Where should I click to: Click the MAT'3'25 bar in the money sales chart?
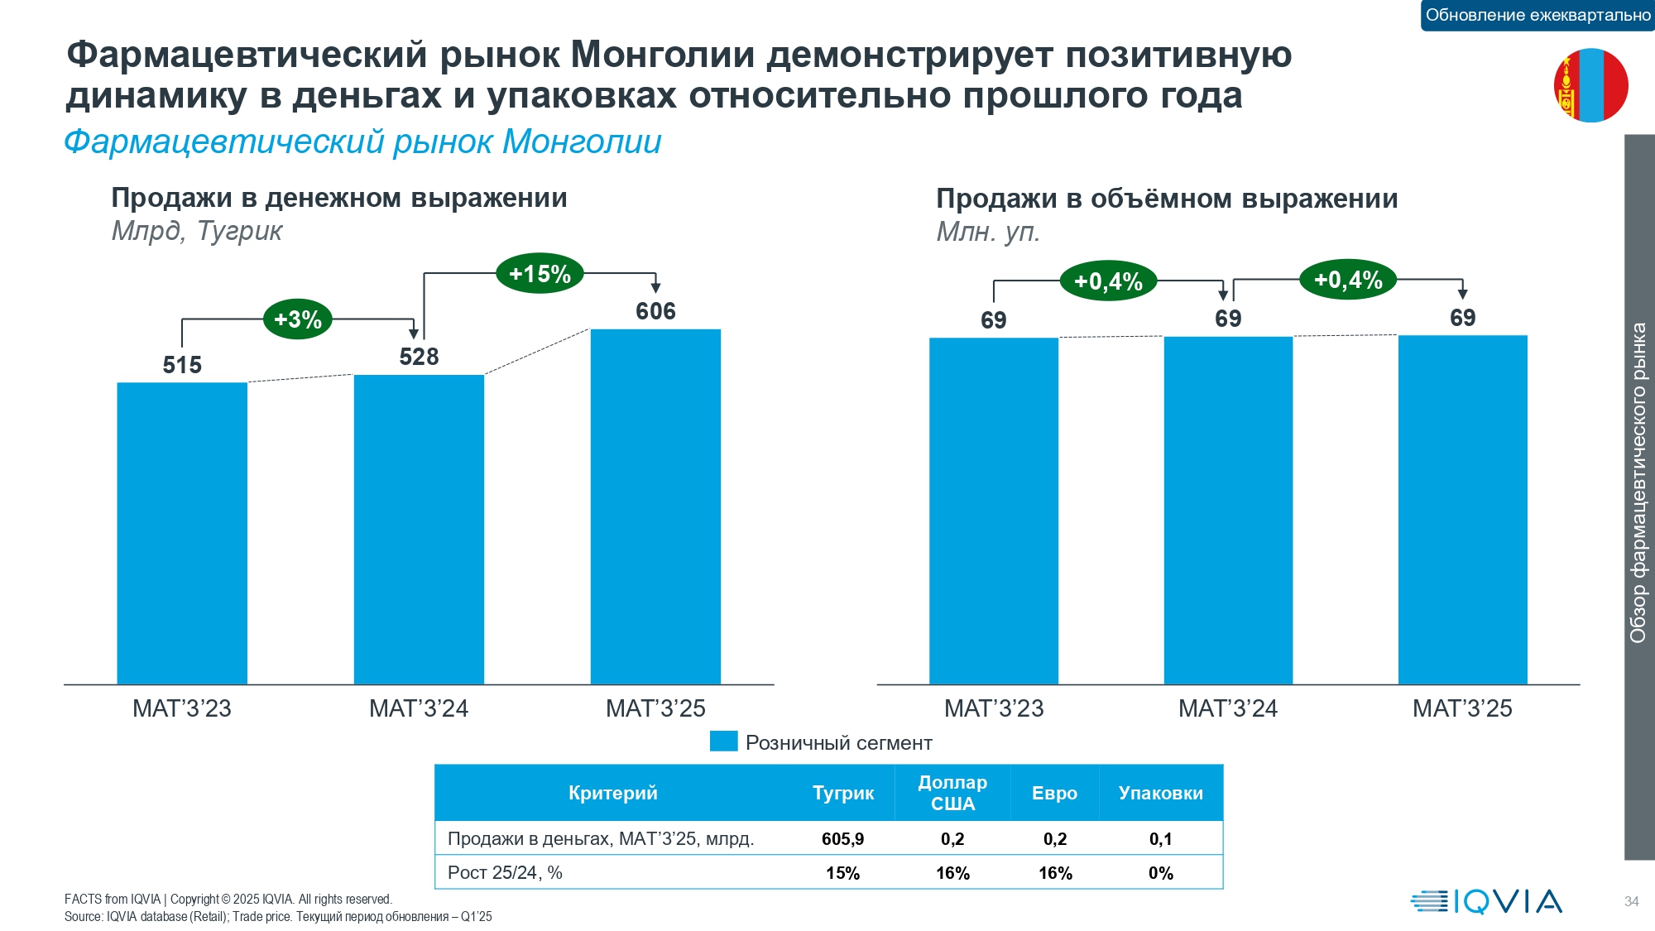[655, 506]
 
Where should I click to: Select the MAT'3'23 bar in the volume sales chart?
[993, 511]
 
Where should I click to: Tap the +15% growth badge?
[540, 274]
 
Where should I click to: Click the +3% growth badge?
[298, 319]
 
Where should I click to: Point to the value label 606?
[655, 311]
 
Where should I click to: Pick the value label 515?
[182, 365]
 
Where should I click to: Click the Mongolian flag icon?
[1590, 85]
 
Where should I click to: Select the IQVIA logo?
[1486, 901]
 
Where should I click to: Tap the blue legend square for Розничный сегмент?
[723, 741]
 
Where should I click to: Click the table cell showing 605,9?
[842, 839]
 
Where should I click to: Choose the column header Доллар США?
[952, 793]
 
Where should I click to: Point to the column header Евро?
[1054, 793]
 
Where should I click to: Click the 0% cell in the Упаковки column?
[1160, 873]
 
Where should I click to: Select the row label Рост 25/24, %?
[505, 873]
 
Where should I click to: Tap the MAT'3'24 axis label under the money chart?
[419, 708]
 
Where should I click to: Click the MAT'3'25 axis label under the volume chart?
[1462, 708]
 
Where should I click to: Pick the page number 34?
[1631, 901]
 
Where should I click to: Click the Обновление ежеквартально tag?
[1537, 15]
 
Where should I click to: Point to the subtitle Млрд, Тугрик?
[197, 231]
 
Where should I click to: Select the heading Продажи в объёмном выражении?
[1167, 199]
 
